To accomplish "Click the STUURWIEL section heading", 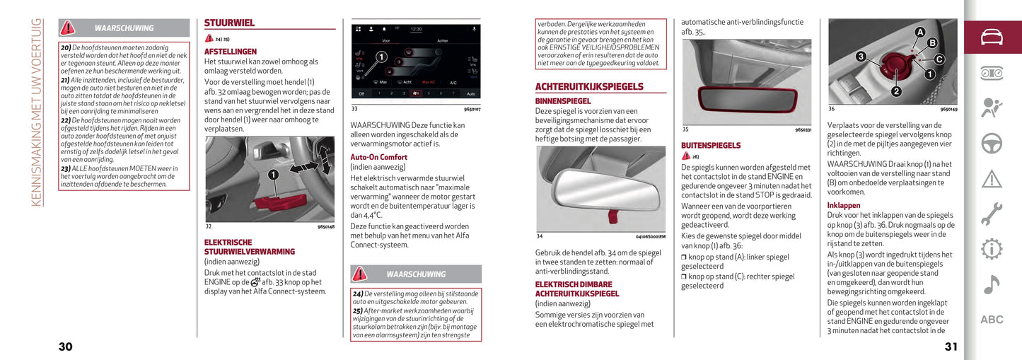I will click(x=229, y=23).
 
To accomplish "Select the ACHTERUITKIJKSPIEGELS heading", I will click(x=588, y=87).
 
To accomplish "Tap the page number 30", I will click(x=65, y=347).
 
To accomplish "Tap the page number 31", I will click(x=951, y=347).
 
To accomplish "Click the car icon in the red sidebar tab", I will click(x=992, y=37).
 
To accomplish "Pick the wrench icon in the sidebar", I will click(x=992, y=213).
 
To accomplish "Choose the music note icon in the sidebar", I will click(x=992, y=284).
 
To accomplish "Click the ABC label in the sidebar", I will click(x=992, y=320).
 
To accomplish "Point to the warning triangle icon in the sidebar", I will click(x=992, y=178).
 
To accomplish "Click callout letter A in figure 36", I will click(x=919, y=32).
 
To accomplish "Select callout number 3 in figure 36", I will click(x=860, y=56).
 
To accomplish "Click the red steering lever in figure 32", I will click(x=280, y=203).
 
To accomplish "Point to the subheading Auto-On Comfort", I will click(x=378, y=157).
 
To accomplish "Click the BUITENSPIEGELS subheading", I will click(x=711, y=146).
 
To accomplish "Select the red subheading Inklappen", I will click(x=844, y=205).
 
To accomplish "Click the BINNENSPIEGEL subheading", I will click(x=563, y=101).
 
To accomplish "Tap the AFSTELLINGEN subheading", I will click(x=230, y=52).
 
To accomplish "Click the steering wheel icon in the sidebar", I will click(x=992, y=143).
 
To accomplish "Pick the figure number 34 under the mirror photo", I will click(x=540, y=236).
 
